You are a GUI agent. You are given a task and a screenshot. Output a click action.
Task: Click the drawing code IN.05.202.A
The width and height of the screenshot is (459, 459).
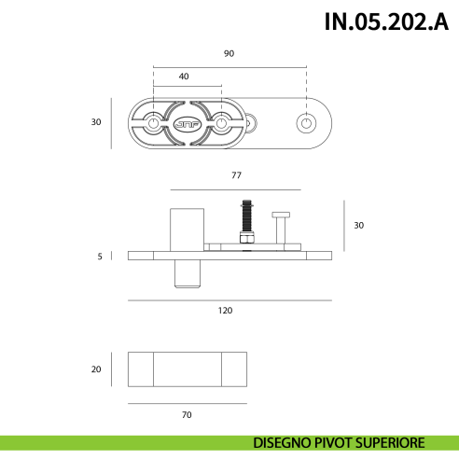pyautogui.click(x=380, y=22)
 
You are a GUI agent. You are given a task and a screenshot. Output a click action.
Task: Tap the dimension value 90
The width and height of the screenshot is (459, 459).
pyautogui.click(x=229, y=53)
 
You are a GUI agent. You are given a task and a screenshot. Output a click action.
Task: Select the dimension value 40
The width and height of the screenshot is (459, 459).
pyautogui.click(x=184, y=76)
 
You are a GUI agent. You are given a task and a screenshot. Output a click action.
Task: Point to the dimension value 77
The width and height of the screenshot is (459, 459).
pyautogui.click(x=236, y=174)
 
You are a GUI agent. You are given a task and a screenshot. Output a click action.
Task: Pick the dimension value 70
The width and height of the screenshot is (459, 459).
pyautogui.click(x=187, y=414)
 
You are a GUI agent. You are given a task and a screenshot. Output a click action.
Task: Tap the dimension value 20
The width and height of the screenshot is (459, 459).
pyautogui.click(x=95, y=369)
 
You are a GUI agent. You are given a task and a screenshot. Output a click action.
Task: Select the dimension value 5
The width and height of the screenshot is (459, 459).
pyautogui.click(x=100, y=256)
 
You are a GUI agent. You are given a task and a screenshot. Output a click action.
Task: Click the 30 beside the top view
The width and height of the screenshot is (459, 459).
pyautogui.click(x=95, y=122)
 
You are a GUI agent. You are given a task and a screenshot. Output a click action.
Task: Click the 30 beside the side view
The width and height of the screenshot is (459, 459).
pyautogui.click(x=359, y=226)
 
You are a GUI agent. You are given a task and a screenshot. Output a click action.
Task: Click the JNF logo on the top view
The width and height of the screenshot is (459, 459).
pyautogui.click(x=187, y=122)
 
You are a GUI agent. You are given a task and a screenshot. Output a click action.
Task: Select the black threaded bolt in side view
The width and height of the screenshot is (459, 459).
pyautogui.click(x=245, y=217)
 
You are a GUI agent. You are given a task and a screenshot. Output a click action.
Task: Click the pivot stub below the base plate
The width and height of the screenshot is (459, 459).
pyautogui.click(x=188, y=274)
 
